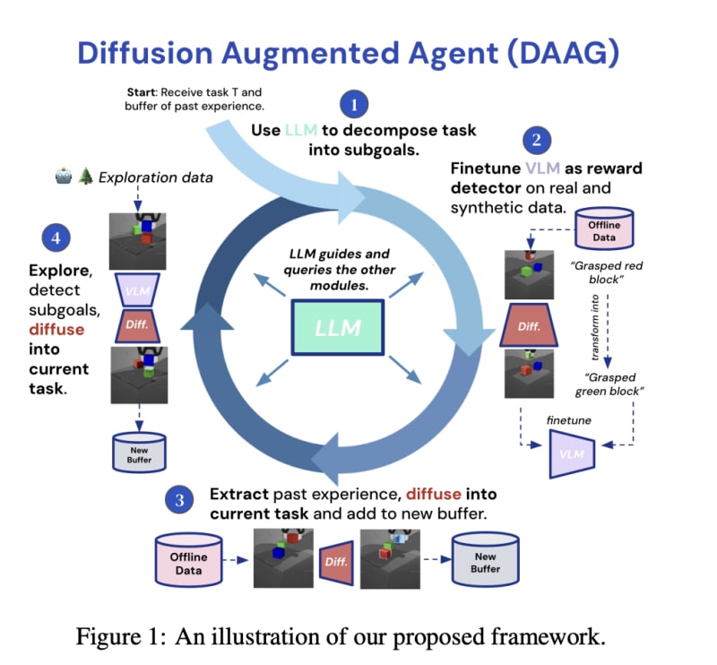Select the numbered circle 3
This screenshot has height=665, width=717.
(x=179, y=499)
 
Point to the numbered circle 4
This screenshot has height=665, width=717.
(x=56, y=238)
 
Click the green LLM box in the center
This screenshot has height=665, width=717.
(x=337, y=326)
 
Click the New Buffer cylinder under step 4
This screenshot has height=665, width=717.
(x=139, y=453)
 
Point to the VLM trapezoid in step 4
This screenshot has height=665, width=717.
(x=139, y=291)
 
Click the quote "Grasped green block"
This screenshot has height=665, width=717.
(x=611, y=384)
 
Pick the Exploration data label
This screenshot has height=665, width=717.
(x=156, y=177)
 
